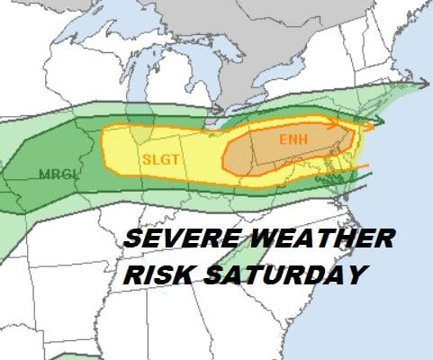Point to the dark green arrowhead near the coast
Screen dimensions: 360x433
pos(379,120)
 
